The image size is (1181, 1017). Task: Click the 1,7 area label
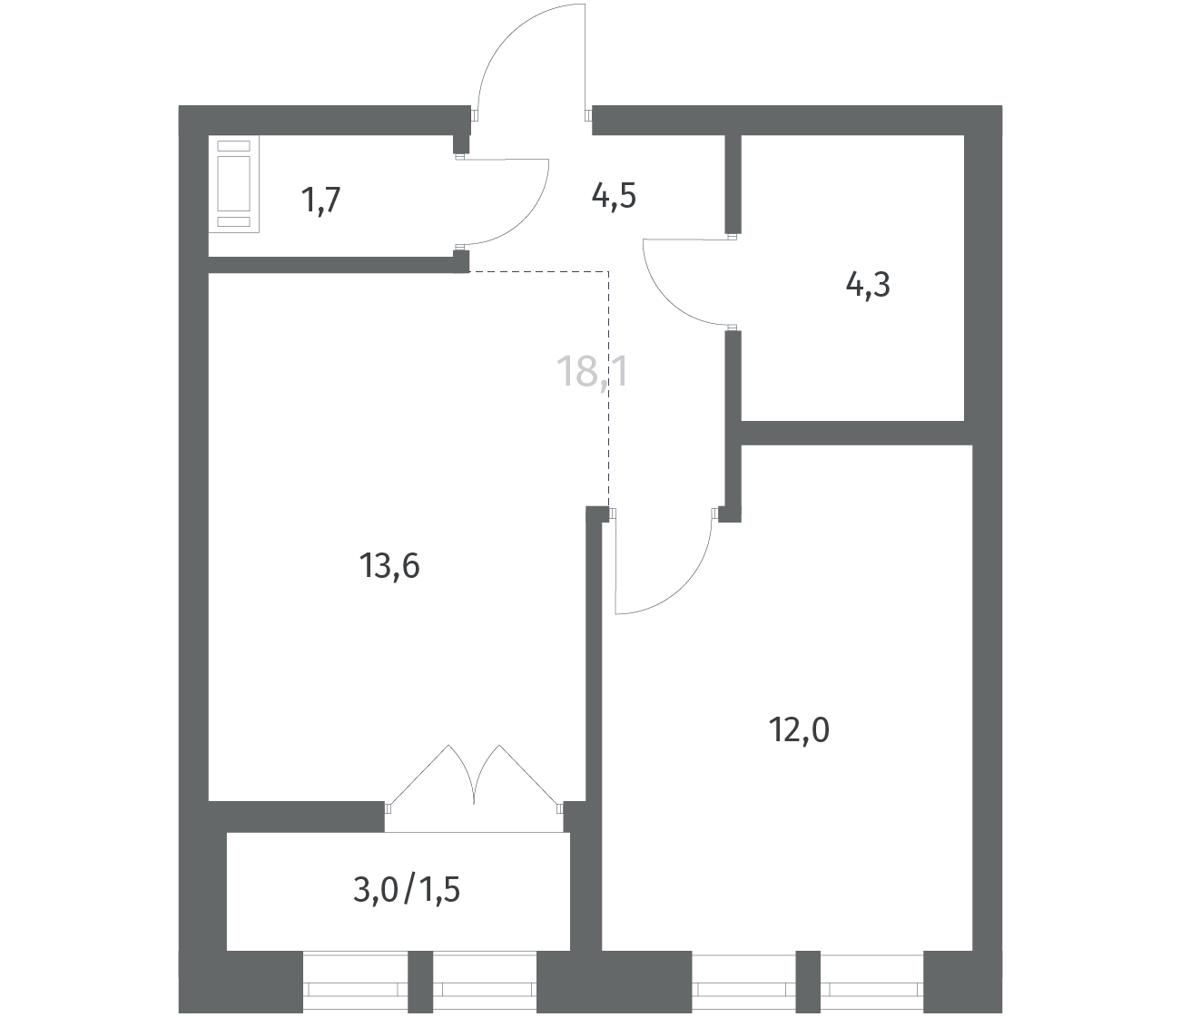[320, 200]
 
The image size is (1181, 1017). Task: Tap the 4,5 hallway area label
[614, 197]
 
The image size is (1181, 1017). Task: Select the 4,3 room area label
[868, 285]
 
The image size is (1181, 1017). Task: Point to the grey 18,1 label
[593, 371]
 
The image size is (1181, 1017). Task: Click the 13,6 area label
[389, 566]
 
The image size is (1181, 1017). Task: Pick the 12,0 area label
[800, 729]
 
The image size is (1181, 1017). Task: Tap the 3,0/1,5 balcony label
[407, 890]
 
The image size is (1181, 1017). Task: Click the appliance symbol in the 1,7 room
[233, 184]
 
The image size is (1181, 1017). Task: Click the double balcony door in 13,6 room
[474, 777]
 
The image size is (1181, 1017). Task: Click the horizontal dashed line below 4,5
[539, 272]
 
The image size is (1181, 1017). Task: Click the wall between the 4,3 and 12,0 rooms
[857, 433]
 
